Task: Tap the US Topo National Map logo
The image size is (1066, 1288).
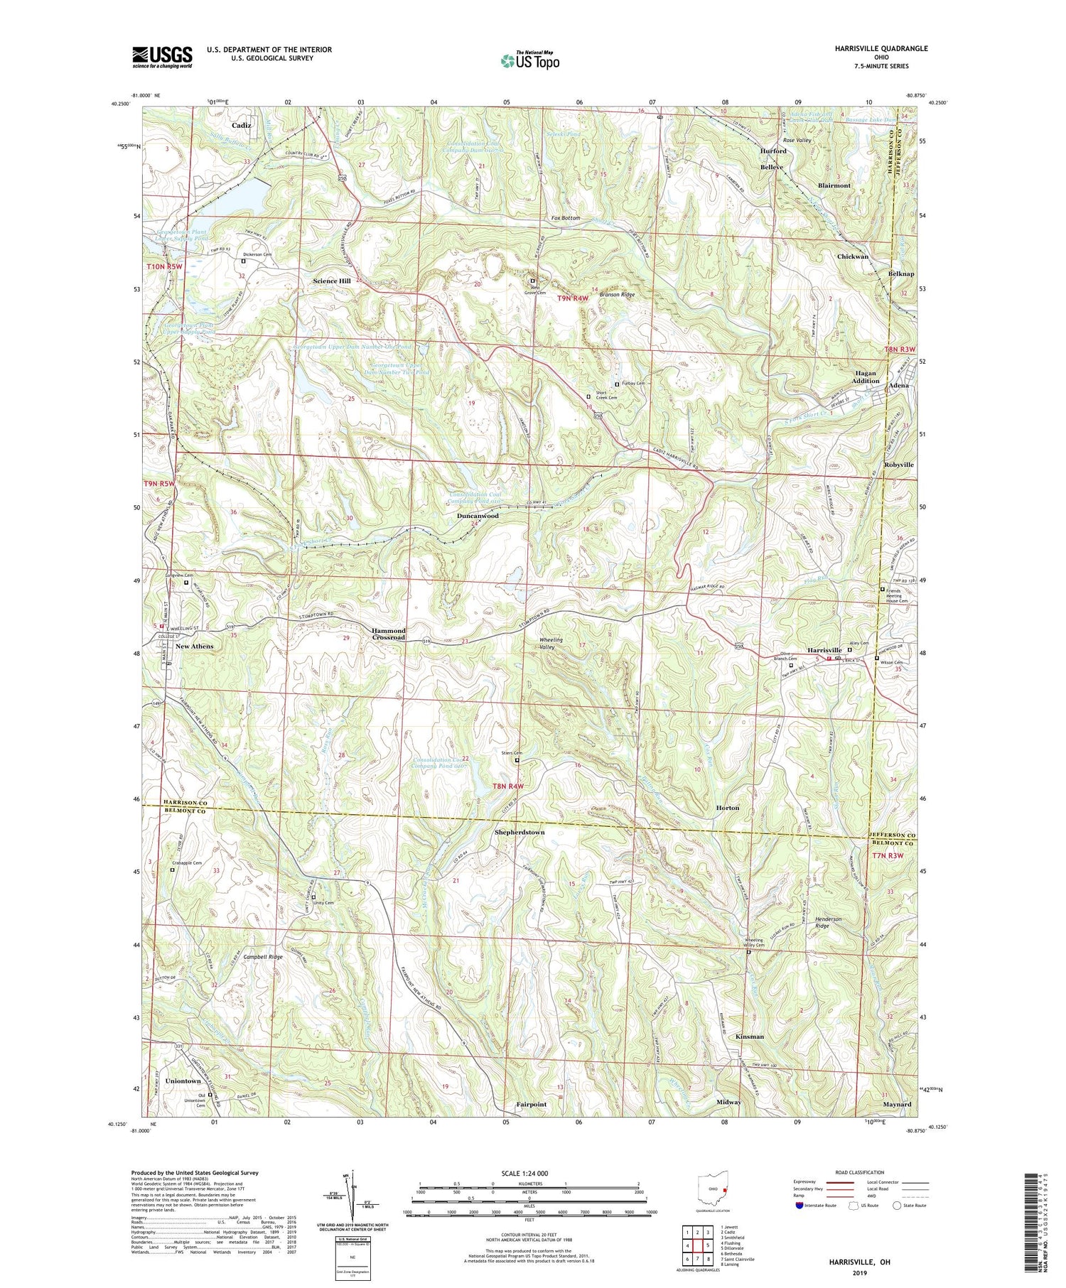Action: coord(529,61)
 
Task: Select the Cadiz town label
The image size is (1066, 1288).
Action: coord(241,125)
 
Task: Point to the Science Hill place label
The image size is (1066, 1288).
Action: coord(332,281)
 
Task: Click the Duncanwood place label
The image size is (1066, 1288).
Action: coord(477,516)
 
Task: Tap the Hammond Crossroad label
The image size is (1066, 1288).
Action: coord(388,634)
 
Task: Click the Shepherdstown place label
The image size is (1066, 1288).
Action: coord(519,832)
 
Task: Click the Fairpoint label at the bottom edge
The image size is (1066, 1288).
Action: coord(531,1104)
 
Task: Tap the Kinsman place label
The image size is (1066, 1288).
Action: coord(749,1037)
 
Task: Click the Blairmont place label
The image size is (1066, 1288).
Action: coord(834,185)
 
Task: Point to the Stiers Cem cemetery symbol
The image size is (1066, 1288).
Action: coord(517,760)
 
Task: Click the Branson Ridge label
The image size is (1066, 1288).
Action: coord(616,294)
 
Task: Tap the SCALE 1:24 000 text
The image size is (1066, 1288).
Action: coord(529,1173)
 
